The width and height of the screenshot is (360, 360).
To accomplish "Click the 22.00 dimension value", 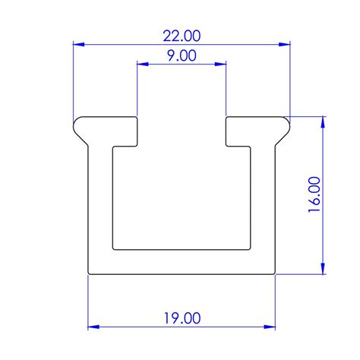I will click(x=182, y=35).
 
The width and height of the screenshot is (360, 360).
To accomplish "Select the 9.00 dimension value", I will click(x=182, y=55).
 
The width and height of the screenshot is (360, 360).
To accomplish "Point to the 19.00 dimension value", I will click(x=182, y=317).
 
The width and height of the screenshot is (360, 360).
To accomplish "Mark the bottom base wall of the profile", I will click(x=182, y=261).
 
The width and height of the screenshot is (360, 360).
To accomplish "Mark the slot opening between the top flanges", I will click(x=182, y=129).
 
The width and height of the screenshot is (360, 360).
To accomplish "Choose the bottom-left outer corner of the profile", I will click(x=90, y=273).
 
